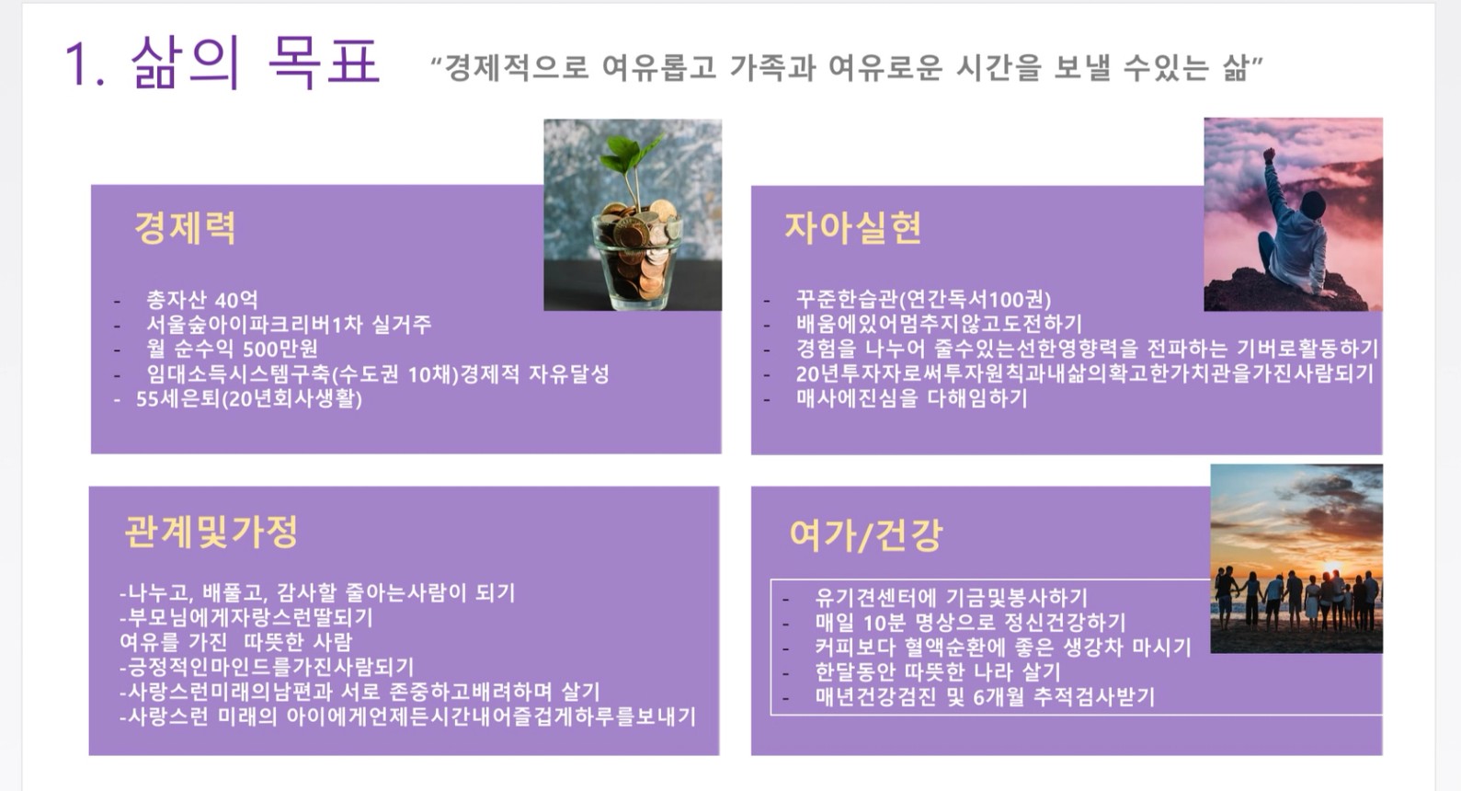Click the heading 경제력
185,228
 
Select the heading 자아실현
853,228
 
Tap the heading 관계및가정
211,532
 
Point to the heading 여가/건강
866,535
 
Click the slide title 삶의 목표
255,62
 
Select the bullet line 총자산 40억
202,300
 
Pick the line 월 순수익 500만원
233,350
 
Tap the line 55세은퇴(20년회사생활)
248,399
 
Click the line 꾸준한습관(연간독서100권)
923,299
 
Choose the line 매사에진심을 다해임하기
911,398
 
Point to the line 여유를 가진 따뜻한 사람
235,642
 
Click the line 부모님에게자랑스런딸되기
246,617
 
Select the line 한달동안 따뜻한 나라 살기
937,671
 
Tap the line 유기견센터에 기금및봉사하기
951,597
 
